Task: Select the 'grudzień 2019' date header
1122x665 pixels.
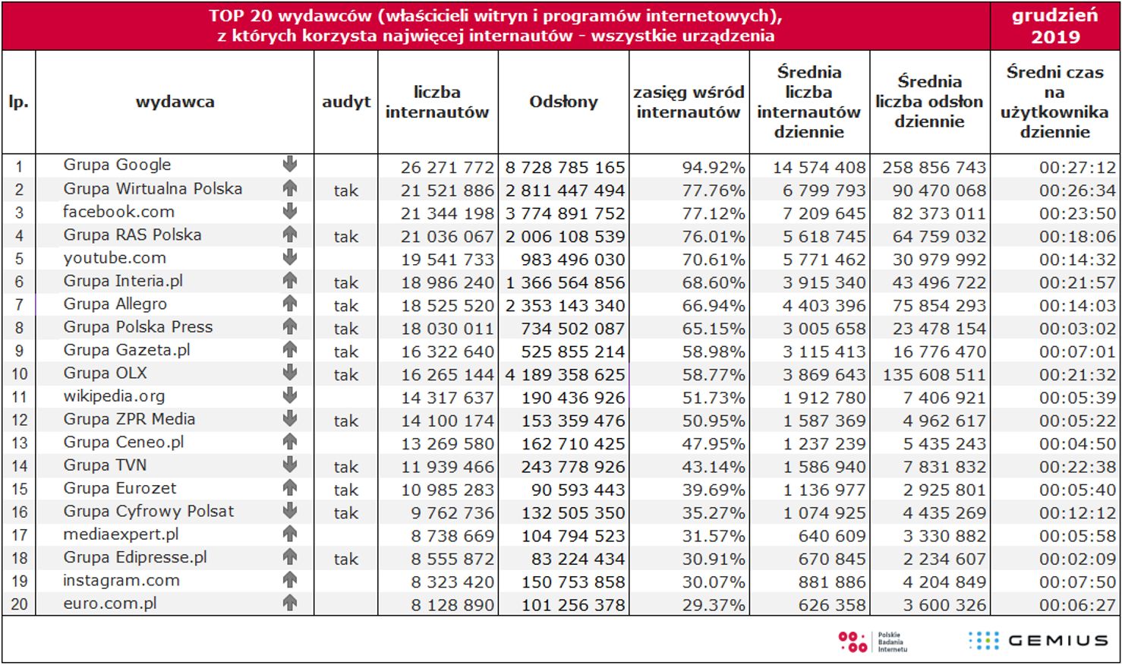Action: (x=1055, y=26)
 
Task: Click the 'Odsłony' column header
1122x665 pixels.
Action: (x=563, y=102)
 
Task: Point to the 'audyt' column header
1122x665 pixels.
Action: (x=346, y=102)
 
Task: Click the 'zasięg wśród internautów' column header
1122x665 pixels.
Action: (x=689, y=102)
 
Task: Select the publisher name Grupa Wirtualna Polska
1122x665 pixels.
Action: (x=153, y=188)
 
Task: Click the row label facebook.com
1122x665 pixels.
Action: (x=118, y=212)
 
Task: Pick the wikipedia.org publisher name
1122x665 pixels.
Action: (x=114, y=396)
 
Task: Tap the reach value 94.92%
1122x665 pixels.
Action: (x=713, y=167)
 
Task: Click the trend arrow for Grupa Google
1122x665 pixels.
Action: (x=289, y=164)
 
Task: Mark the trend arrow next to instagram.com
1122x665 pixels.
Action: (x=289, y=580)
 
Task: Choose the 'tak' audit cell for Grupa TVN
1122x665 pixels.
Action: (x=346, y=467)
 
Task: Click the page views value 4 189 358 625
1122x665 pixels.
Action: (x=565, y=375)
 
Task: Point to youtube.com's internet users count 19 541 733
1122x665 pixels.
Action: (x=447, y=260)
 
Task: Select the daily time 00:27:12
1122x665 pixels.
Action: (x=1077, y=167)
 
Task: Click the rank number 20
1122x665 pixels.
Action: (x=19, y=604)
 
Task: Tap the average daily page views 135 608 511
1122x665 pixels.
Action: (x=934, y=375)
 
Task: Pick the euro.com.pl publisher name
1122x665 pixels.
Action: (x=110, y=604)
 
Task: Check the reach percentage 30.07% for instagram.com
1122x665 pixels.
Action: (x=713, y=582)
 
